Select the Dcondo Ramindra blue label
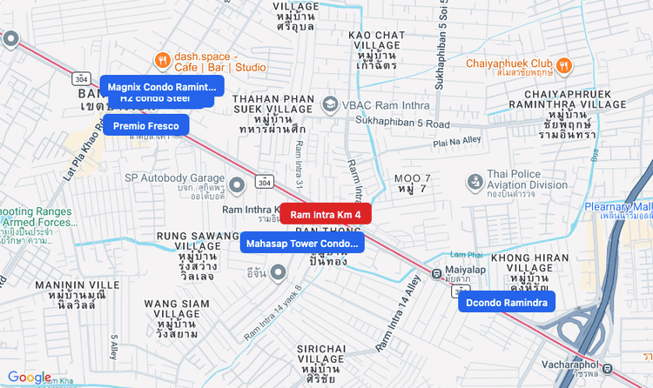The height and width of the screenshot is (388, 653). tap(506, 303)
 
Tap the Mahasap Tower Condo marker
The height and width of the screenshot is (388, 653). tap(302, 244)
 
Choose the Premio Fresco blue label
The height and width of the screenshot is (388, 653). tap(145, 126)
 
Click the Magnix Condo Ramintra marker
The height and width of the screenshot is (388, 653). tap(162, 87)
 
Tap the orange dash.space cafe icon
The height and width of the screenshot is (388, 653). tap(161, 60)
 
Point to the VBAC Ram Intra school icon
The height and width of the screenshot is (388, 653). tap(330, 105)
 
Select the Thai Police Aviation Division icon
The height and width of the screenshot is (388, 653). tap(475, 183)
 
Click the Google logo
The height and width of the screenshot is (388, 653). tap(30, 377)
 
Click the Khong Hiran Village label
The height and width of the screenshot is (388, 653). tap(529, 264)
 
